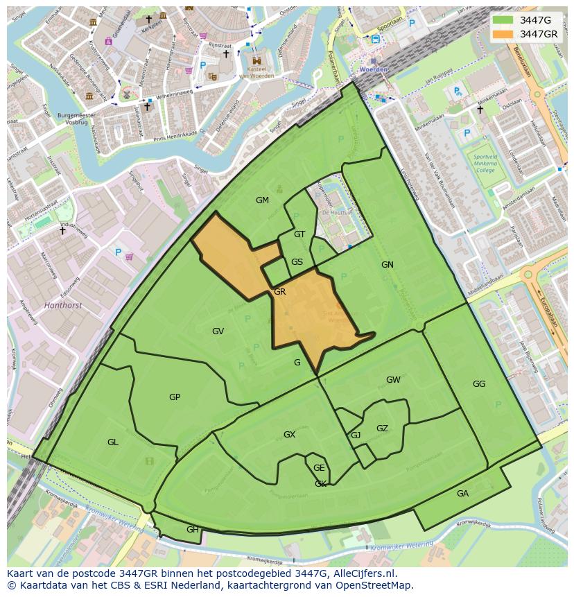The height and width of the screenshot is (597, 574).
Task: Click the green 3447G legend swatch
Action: pyautogui.click(x=503, y=20)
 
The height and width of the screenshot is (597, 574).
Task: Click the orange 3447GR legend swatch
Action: pyautogui.click(x=503, y=34)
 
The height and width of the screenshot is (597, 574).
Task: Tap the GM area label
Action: pyautogui.click(x=262, y=200)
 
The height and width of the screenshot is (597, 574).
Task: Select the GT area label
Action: pyautogui.click(x=299, y=234)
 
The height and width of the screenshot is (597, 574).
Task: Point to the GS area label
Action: pyautogui.click(x=297, y=262)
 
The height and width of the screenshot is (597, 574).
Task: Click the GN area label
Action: pyautogui.click(x=387, y=264)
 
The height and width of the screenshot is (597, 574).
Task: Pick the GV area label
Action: pyautogui.click(x=218, y=331)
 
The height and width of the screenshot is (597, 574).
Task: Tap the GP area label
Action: pyautogui.click(x=175, y=397)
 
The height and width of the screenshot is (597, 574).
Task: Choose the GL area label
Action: pyautogui.click(x=112, y=442)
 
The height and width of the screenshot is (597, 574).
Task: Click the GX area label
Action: pyautogui.click(x=289, y=435)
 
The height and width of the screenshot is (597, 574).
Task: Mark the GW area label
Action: pyautogui.click(x=393, y=380)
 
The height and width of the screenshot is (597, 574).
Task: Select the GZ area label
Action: pyautogui.click(x=382, y=429)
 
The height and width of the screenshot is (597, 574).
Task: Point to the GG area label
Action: pyautogui.click(x=479, y=384)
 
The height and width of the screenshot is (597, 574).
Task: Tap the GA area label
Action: pyautogui.click(x=462, y=494)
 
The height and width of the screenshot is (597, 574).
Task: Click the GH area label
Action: pyautogui.click(x=192, y=529)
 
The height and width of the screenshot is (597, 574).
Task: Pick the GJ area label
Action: pyautogui.click(x=356, y=435)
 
